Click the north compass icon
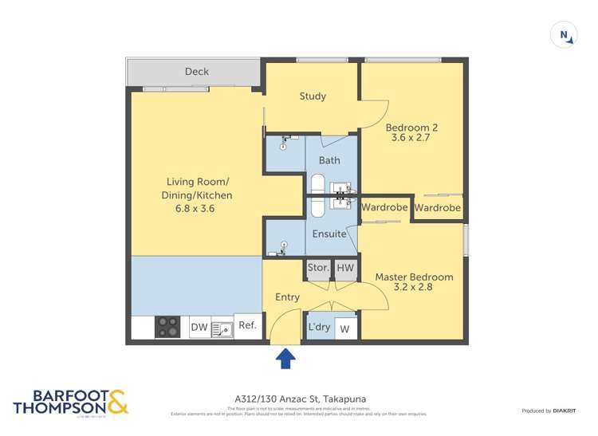(564, 35)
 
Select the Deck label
(196, 72)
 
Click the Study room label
(313, 96)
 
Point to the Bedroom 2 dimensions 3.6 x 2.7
(411, 138)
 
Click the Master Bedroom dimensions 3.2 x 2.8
(414, 288)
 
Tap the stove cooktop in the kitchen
(167, 326)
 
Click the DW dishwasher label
(199, 327)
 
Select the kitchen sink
(221, 327)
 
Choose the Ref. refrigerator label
(247, 325)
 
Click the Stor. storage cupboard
(318, 269)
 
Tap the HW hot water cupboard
(345, 269)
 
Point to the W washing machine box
(345, 328)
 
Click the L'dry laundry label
(319, 328)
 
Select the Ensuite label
(329, 234)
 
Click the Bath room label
(329, 160)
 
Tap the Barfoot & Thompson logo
(71, 403)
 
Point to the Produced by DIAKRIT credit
(549, 410)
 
